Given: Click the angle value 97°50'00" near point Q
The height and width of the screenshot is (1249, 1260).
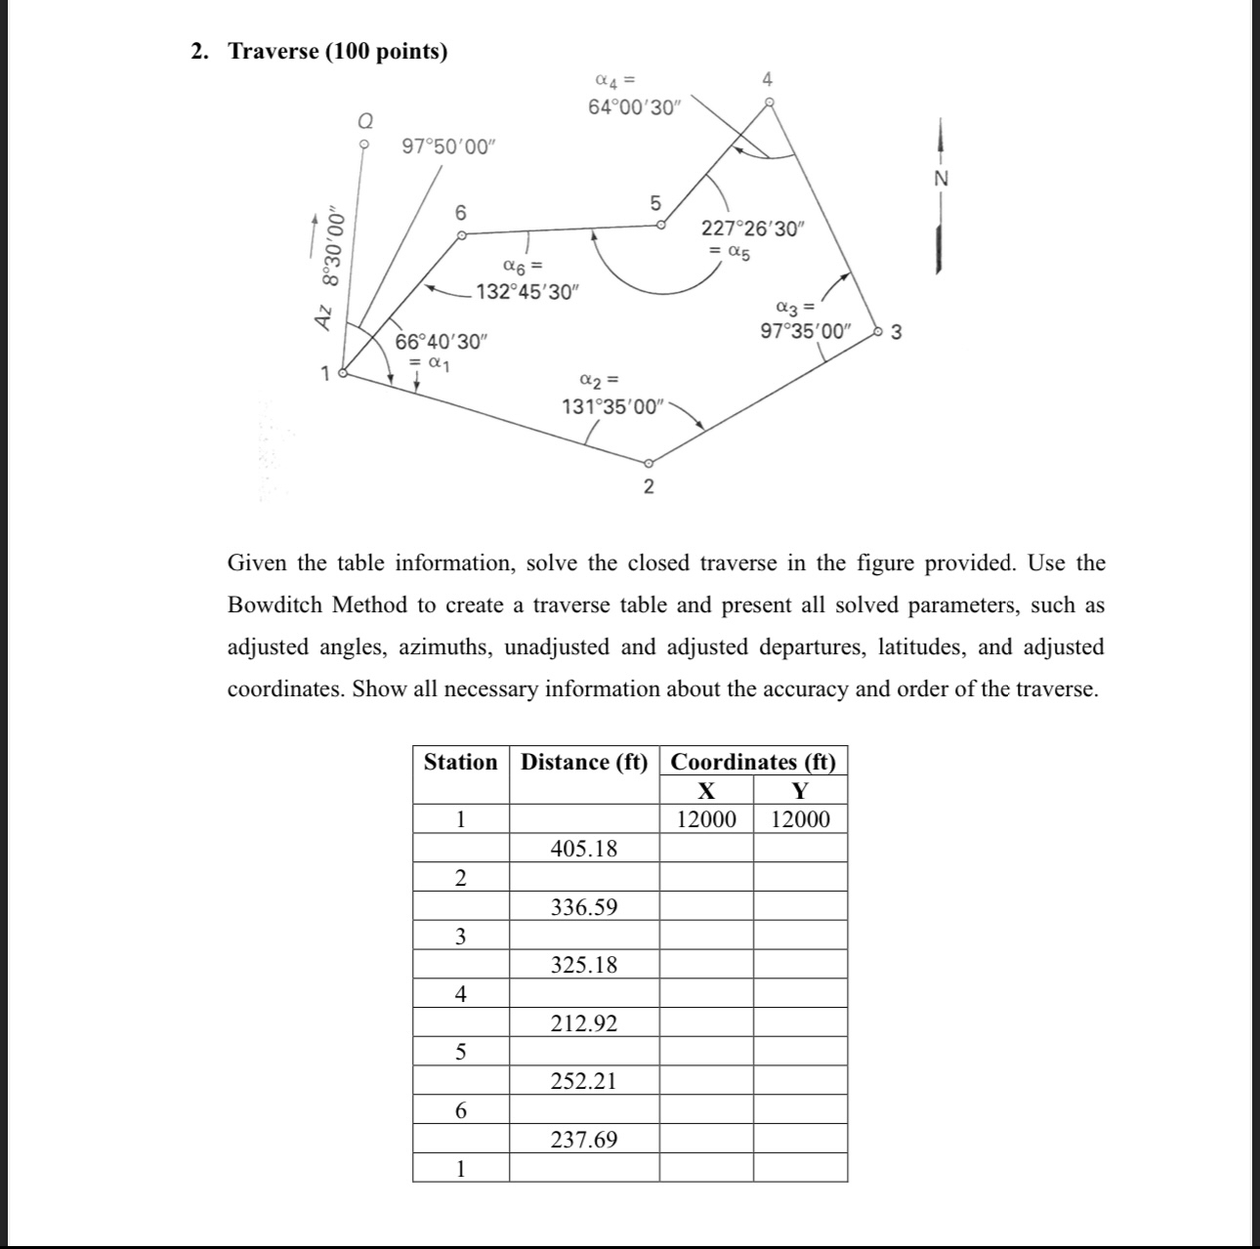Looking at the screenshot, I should pos(449,146).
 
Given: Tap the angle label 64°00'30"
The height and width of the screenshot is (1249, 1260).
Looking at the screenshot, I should pos(633,107).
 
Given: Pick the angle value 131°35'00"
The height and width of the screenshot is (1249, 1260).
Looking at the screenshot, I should pos(612,406).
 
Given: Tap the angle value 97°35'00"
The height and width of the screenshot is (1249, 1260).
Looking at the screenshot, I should pos(806,330).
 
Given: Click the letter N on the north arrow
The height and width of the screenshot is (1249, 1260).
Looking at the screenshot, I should pos(941,179).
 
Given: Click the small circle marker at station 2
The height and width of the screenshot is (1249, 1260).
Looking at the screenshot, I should pos(648,463).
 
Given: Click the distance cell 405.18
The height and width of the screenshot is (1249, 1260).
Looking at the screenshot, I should pos(584,848).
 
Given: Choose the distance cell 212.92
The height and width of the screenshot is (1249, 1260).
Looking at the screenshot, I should pos(584,1023).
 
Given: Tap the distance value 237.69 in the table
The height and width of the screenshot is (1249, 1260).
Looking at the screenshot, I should pos(584,1140).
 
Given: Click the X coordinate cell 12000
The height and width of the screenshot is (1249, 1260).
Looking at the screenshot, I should pos(706,819).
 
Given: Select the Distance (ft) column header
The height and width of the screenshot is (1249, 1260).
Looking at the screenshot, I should pos(584,762).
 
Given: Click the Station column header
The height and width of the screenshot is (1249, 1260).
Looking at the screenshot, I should pos(460,762).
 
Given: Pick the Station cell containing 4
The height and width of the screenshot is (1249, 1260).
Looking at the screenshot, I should pos(460,994).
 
